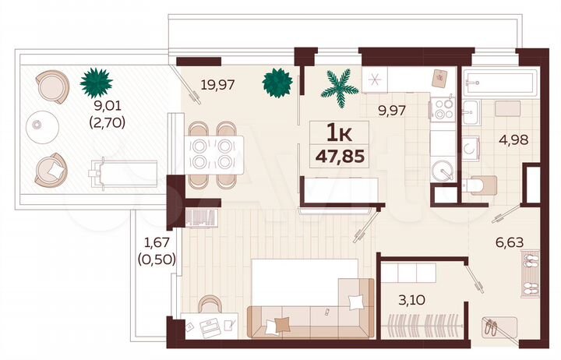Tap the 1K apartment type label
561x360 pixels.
point(337,132)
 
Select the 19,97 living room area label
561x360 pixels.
point(218,84)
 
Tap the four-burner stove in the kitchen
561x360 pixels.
point(444,108)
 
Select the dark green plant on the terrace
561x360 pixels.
point(96,80)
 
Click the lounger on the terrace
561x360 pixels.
point(125,171)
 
